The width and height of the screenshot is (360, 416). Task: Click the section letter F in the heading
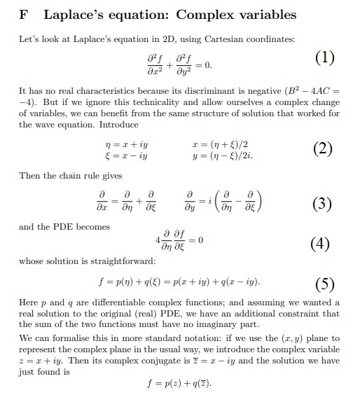20,15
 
